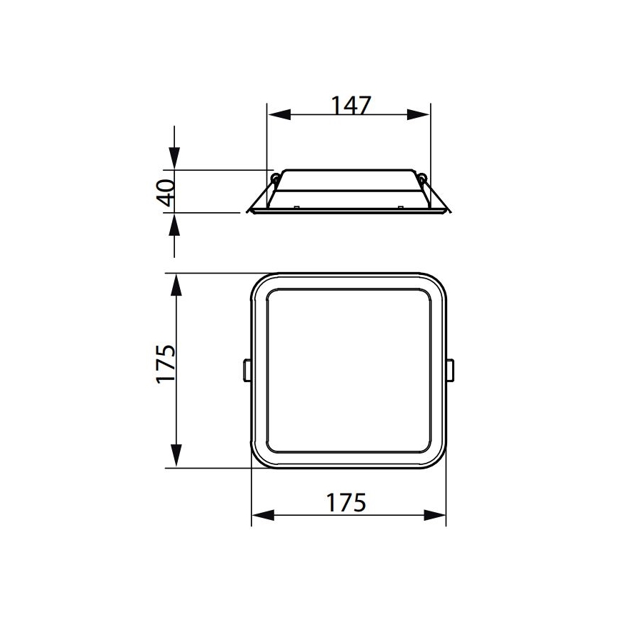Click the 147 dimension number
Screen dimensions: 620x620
351,104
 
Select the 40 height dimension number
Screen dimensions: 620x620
165,192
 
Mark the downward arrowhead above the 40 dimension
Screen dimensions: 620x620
174,159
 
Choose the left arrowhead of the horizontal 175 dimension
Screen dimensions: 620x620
263,514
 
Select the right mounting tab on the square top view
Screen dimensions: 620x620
451,370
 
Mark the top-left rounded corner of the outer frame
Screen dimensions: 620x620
261,284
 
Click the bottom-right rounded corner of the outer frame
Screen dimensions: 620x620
436,457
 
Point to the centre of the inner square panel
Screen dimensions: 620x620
349,370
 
